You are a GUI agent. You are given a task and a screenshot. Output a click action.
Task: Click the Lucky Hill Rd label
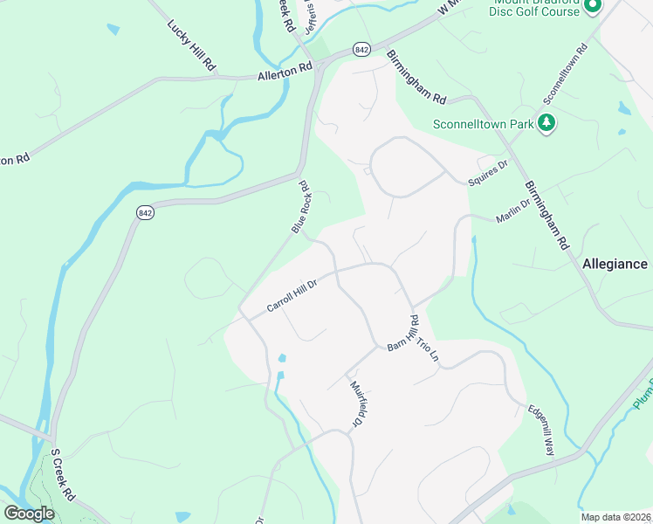191,41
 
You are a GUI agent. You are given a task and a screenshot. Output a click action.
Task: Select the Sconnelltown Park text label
483,124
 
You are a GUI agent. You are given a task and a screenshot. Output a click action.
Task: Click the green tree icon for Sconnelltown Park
547,122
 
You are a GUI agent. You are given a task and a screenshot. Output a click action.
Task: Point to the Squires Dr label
487,168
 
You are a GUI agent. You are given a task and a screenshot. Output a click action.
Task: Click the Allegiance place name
615,264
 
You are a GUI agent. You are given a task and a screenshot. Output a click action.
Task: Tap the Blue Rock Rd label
302,207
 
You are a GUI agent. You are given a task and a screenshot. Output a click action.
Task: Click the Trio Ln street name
424,352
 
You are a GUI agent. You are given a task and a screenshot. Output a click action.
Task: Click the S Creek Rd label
62,475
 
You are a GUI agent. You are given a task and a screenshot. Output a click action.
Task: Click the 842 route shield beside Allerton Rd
361,50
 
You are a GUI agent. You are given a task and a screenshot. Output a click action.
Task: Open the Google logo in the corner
30,514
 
